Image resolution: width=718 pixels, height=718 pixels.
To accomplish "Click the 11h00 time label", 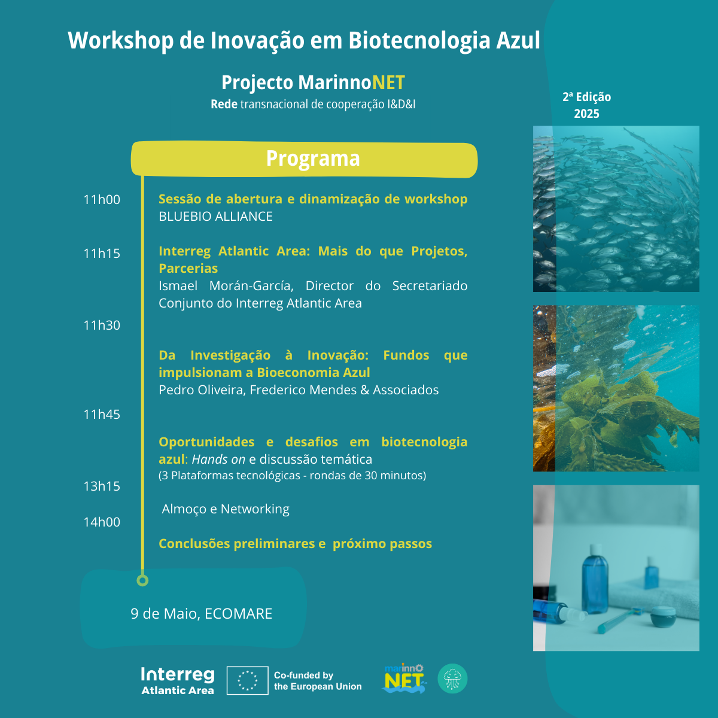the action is (102, 199).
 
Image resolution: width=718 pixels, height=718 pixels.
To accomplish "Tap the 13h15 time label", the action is (102, 486).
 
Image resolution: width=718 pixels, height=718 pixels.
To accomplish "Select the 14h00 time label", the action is (102, 522).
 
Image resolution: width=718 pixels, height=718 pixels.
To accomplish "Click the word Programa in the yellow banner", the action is (313, 159).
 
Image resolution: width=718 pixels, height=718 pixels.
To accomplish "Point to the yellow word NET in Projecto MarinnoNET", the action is (388, 83).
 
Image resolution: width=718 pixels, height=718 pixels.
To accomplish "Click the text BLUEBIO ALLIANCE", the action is (216, 216).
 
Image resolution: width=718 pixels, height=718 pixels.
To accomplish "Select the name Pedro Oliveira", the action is (201, 390).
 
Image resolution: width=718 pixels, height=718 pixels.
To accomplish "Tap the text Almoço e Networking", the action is (226, 509).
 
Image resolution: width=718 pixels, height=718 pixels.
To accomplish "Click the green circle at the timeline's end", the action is (142, 580).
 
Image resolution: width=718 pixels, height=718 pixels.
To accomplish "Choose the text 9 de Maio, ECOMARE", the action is (201, 614).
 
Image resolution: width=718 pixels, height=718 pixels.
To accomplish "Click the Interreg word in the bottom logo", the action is (178, 675).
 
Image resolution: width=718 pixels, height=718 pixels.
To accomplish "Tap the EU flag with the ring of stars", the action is (247, 680).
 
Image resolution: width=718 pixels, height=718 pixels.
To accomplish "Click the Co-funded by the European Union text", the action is (318, 681).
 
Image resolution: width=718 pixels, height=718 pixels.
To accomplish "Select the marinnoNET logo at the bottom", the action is (404, 679).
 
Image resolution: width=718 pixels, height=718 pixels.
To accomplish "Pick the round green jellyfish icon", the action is (452, 679).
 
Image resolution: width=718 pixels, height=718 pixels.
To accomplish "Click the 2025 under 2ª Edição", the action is (586, 114).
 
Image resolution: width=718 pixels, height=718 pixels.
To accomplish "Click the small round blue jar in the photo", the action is (663, 616).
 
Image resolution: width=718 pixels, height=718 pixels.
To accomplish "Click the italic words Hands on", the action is (218, 459).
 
